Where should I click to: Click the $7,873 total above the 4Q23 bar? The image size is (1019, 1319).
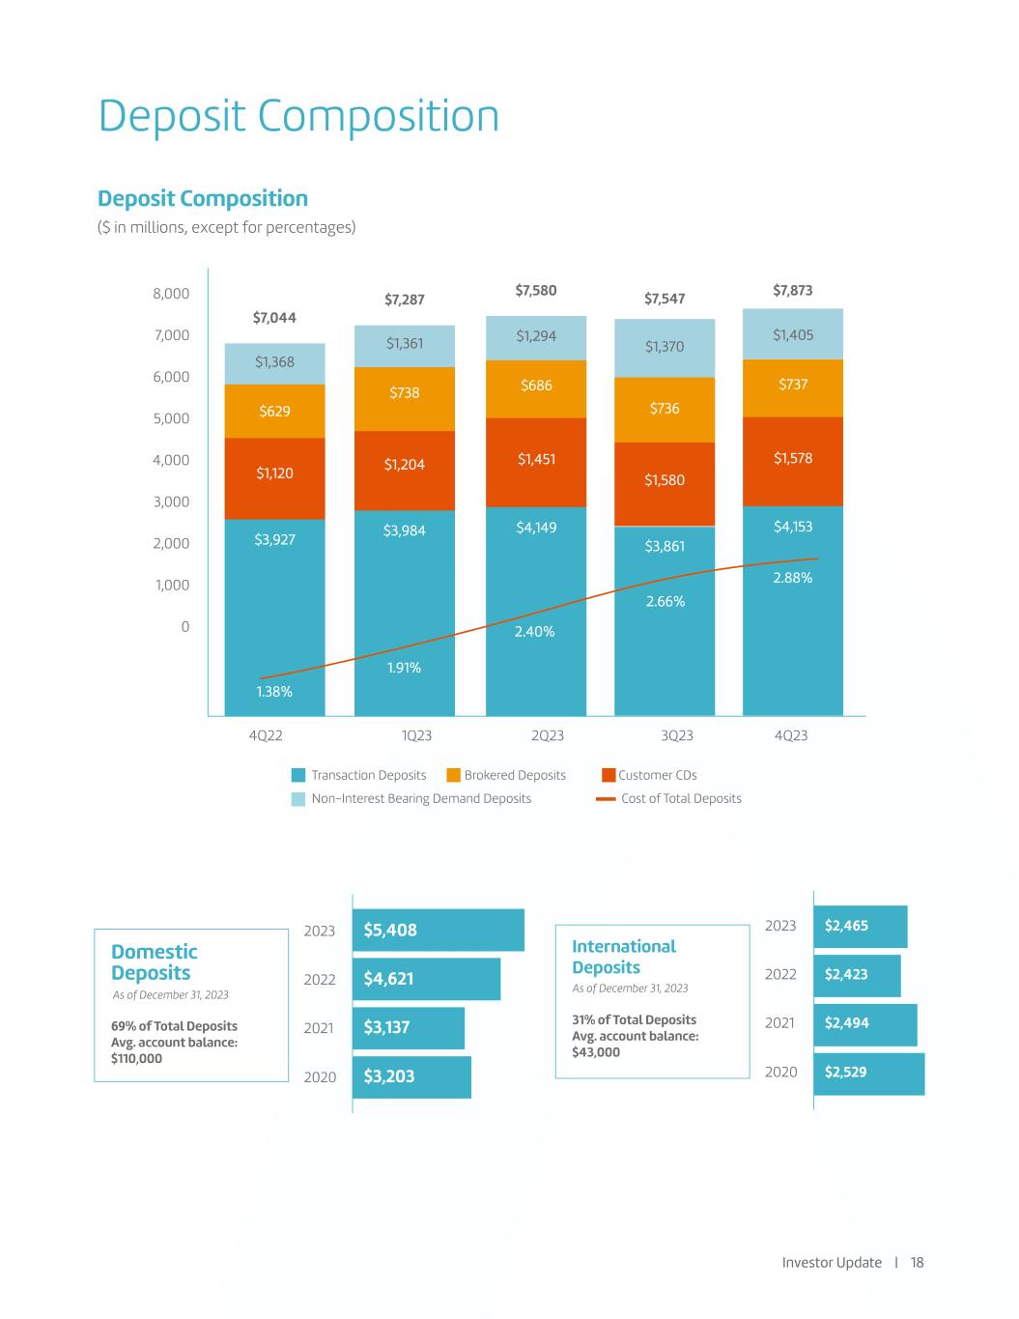tap(792, 290)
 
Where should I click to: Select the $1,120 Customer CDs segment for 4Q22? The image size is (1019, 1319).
tap(274, 473)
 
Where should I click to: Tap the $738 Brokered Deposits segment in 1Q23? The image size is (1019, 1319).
tap(404, 392)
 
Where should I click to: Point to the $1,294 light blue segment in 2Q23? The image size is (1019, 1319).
tap(536, 336)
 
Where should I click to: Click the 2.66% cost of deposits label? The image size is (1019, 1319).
tap(665, 601)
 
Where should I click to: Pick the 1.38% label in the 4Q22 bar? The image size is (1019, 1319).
tap(274, 692)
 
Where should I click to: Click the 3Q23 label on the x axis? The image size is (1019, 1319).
tap(677, 735)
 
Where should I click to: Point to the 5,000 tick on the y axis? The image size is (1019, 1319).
tap(171, 418)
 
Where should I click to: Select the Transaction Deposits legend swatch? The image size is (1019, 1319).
tap(298, 775)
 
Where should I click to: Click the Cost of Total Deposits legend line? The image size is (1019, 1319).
tap(606, 799)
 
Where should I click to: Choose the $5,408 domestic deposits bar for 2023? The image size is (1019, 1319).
tap(438, 930)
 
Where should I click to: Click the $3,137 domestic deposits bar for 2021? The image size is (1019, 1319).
tap(408, 1027)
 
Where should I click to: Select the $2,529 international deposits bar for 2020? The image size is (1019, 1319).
tap(868, 1073)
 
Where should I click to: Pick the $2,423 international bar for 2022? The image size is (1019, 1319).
tap(857, 975)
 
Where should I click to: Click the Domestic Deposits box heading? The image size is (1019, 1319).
tap(154, 962)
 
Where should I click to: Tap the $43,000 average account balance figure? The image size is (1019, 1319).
tap(596, 1051)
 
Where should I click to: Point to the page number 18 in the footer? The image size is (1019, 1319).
tap(917, 1262)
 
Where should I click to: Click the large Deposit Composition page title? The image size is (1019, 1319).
tap(299, 116)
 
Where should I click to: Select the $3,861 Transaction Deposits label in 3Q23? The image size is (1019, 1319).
tap(665, 546)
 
